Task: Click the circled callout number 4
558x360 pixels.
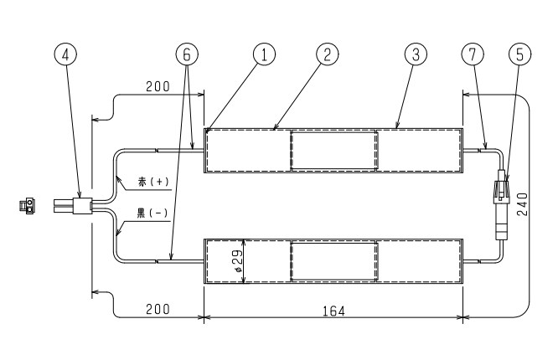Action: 65,54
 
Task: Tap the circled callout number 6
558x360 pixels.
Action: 187,54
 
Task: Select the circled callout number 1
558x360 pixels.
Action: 264,54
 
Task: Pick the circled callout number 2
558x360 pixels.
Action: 328,54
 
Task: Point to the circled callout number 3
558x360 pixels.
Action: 416,54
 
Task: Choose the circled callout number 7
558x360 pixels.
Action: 473,54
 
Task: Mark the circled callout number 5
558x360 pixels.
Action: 520,54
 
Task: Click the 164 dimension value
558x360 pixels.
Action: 333,311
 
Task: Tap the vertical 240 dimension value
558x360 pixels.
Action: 522,204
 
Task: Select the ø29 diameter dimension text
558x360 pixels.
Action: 237,260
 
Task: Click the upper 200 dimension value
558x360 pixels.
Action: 158,86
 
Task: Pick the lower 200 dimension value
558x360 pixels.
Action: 158,309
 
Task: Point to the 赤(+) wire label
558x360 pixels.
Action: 153,182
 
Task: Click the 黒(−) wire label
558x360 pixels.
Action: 152,213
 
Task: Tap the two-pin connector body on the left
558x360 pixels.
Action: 73,206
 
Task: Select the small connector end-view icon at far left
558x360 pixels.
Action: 27,206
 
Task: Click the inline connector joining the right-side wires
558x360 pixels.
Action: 502,205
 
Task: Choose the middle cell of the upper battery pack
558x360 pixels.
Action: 333,150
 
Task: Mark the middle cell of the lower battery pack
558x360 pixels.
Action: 333,261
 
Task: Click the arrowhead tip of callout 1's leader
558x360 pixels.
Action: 206,133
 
